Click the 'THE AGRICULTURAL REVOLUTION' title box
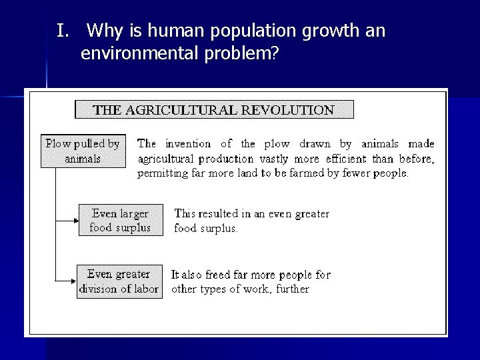[214, 109]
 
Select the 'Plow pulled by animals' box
[83, 151]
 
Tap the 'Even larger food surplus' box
[120, 221]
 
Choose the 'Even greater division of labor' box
[119, 281]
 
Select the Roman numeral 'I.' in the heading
[63, 31]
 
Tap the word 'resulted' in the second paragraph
[219, 214]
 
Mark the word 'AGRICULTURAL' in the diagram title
[204, 110]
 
